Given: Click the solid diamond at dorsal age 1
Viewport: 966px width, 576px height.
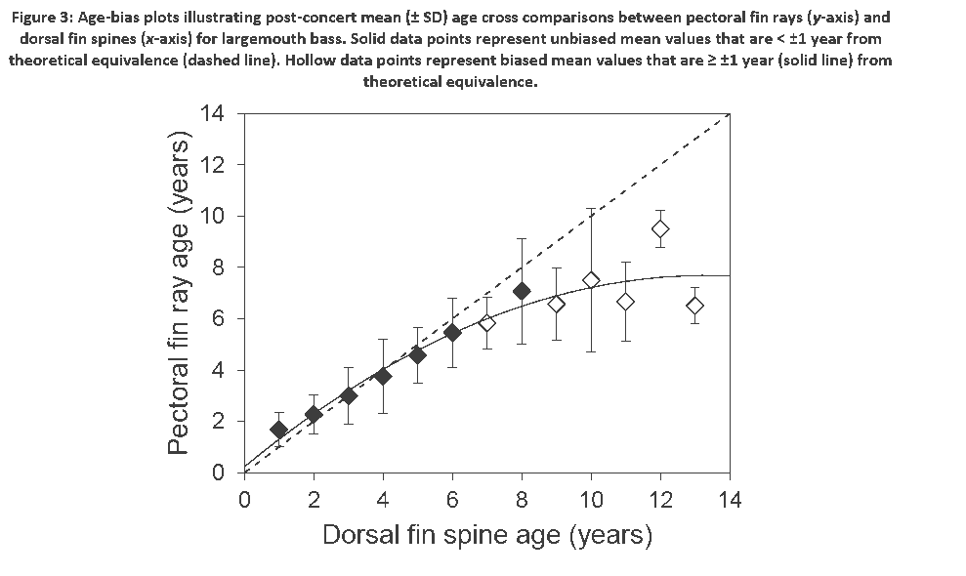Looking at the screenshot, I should coord(279,430).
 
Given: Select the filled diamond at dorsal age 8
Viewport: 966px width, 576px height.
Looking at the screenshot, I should coord(522,291).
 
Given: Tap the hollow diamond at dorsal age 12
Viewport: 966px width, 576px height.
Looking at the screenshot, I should coord(660,228).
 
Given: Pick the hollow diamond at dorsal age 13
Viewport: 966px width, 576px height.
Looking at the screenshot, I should coord(694,306).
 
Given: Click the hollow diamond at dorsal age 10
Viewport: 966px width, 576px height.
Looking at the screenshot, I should coord(591,280).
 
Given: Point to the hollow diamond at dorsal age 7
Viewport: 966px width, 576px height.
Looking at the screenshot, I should coord(486,322).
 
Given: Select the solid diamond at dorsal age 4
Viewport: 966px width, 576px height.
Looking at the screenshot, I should coord(383,376).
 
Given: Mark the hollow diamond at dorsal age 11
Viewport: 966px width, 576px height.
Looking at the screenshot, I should coord(625,302).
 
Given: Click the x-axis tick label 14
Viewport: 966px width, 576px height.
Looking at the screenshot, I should coord(729,501).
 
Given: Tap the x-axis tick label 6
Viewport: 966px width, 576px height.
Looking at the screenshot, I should coord(452,501).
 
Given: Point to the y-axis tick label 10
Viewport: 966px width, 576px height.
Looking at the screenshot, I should coord(213,216).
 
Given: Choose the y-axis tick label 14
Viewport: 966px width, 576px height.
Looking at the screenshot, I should coord(213,113).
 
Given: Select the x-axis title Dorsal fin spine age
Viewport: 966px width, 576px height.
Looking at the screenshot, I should coord(486,535).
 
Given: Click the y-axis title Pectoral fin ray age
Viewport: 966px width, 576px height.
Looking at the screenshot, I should coord(178,293).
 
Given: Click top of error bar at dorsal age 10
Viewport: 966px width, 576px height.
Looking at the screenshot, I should coord(591,209).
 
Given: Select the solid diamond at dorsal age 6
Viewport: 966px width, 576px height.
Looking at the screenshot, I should coord(452,333).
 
